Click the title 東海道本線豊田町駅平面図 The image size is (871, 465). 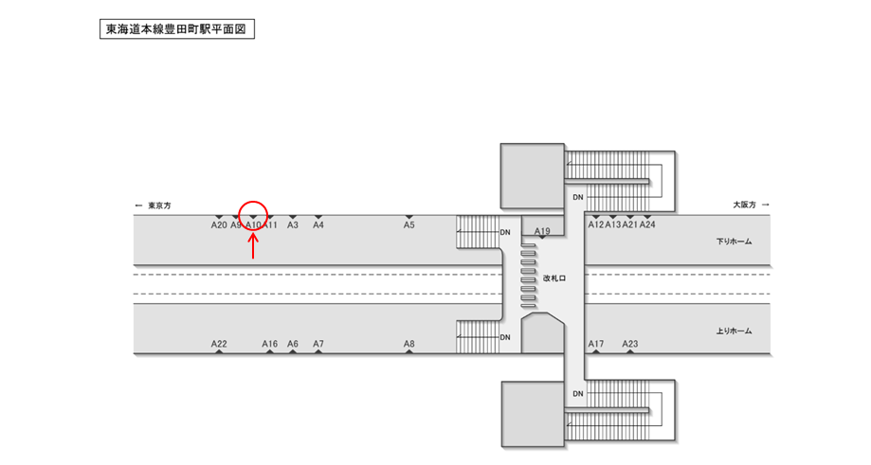click(177, 29)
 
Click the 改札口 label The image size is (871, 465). click(554, 278)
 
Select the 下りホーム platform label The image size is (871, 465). click(734, 241)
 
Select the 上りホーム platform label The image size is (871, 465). click(734, 331)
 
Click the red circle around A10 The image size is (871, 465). click(253, 216)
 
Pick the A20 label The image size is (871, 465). click(219, 225)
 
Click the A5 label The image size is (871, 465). click(409, 225)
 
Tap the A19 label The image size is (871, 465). click(542, 232)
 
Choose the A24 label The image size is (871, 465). click(647, 225)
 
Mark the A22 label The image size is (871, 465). click(219, 344)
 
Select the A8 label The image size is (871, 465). click(409, 344)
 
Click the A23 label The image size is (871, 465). click(630, 344)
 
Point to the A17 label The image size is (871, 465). click(596, 344)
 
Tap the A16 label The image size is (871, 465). click(270, 344)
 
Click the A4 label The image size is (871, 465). click(318, 225)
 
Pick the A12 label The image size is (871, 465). click(596, 225)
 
